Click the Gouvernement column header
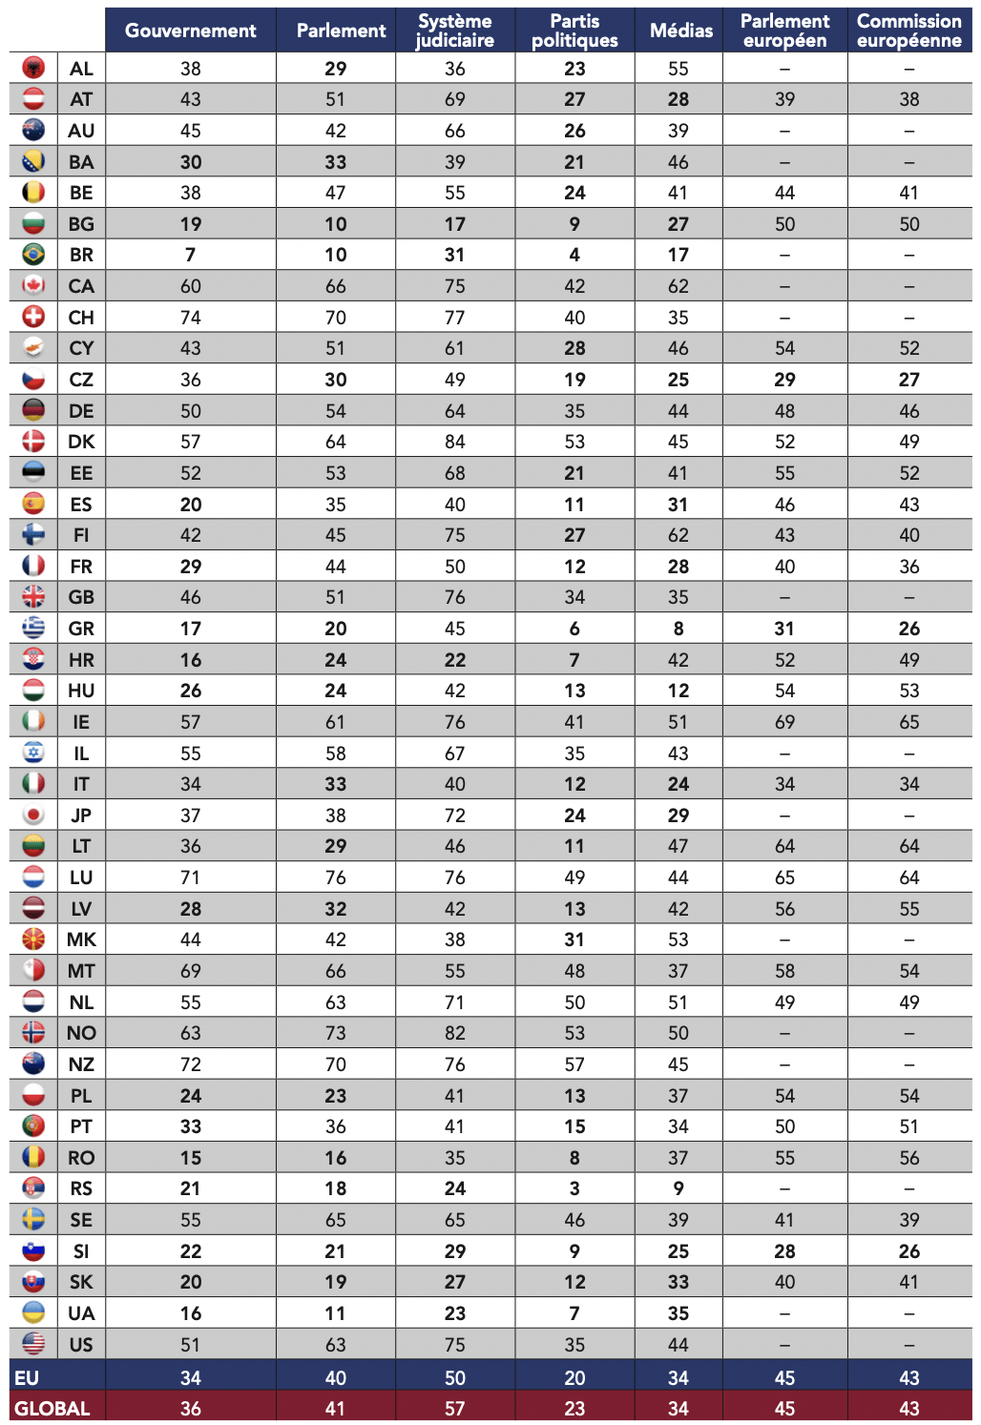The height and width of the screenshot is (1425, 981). (190, 31)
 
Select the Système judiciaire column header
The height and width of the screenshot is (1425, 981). (455, 31)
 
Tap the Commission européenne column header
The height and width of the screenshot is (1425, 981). (908, 31)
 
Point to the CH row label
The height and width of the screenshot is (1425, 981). (81, 318)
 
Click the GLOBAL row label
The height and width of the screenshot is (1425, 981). (52, 1409)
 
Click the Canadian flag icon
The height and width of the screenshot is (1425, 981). (33, 286)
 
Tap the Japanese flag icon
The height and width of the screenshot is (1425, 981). (33, 816)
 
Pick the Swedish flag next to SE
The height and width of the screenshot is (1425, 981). (33, 1220)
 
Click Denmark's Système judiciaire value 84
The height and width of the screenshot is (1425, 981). (455, 442)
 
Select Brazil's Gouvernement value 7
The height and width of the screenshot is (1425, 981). (190, 255)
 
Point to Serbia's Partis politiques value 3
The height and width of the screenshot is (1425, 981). (574, 1188)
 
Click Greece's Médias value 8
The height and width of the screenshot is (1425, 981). (678, 629)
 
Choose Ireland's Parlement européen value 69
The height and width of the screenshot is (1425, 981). (784, 722)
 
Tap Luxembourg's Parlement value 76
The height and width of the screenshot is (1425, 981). (335, 878)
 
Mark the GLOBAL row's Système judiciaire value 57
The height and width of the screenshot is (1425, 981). (455, 1409)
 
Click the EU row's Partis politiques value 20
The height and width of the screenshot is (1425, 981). (574, 1378)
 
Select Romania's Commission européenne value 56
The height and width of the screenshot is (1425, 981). (908, 1158)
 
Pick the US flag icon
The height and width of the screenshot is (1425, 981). (33, 1344)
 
